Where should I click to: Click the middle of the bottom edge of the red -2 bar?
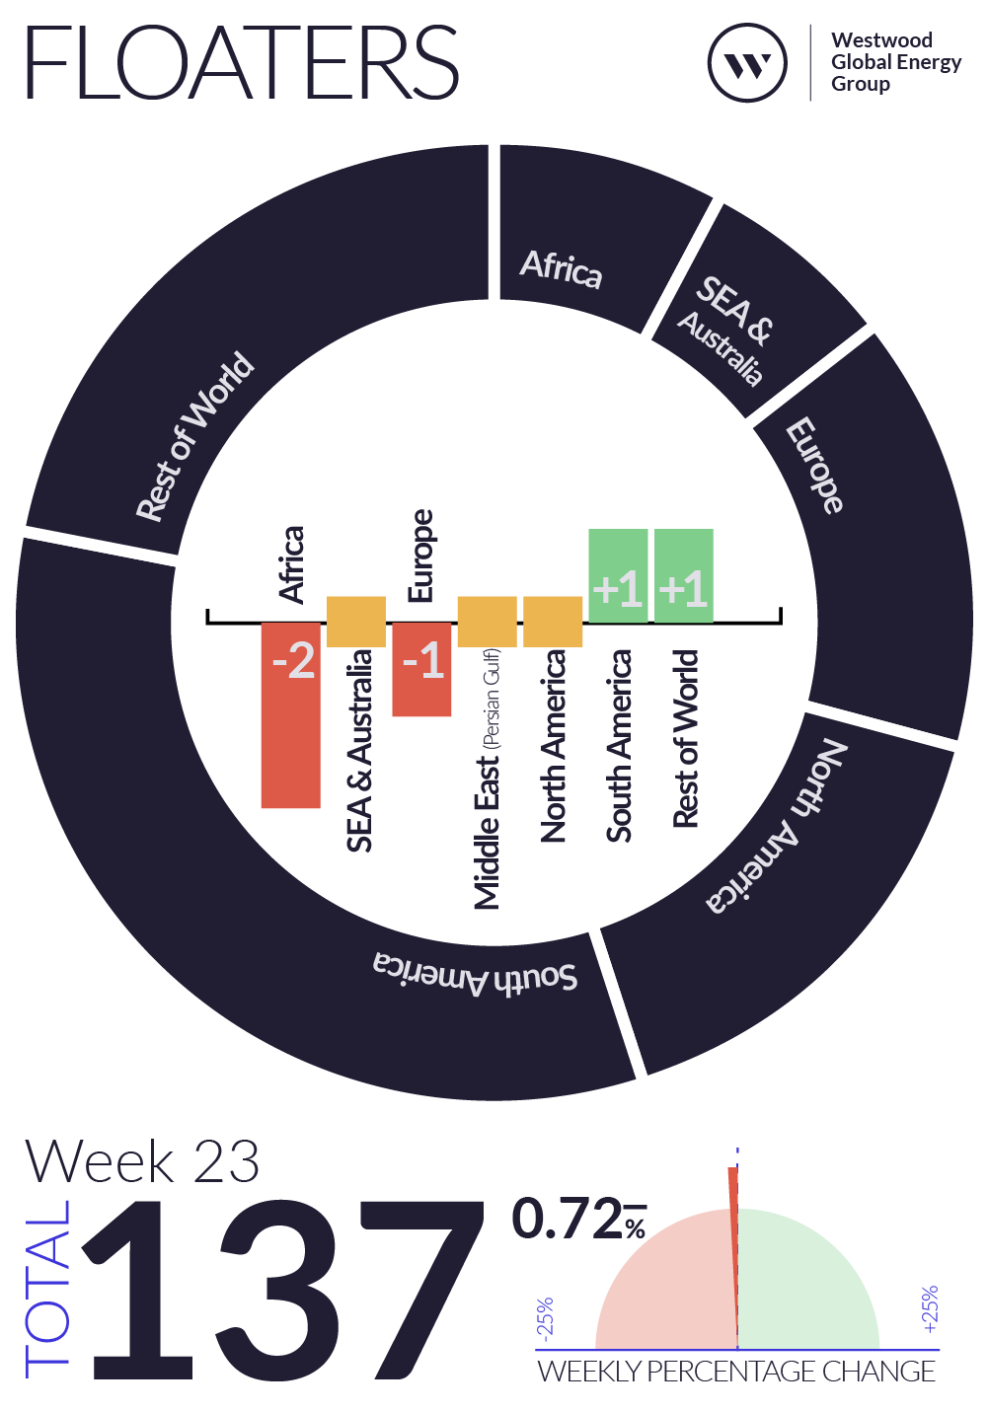tap(290, 807)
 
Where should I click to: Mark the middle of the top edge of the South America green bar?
tap(618, 529)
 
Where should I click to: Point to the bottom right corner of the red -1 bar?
tap(451, 716)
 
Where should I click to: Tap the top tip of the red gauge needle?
tap(732, 1168)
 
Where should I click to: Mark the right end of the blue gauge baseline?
tap(940, 1350)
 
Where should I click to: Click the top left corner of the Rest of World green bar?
tap(654, 529)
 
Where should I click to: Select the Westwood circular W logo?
tap(747, 63)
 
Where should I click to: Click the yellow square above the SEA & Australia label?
tap(356, 622)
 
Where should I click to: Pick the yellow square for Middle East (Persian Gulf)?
tap(487, 622)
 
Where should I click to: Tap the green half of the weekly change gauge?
tap(808, 1280)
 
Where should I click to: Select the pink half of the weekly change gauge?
tap(666, 1280)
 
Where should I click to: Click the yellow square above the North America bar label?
tap(553, 622)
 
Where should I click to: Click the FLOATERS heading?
tap(242, 62)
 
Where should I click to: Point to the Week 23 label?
tap(142, 1161)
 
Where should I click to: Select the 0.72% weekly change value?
tap(579, 1219)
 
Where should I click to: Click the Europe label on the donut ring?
tap(814, 465)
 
